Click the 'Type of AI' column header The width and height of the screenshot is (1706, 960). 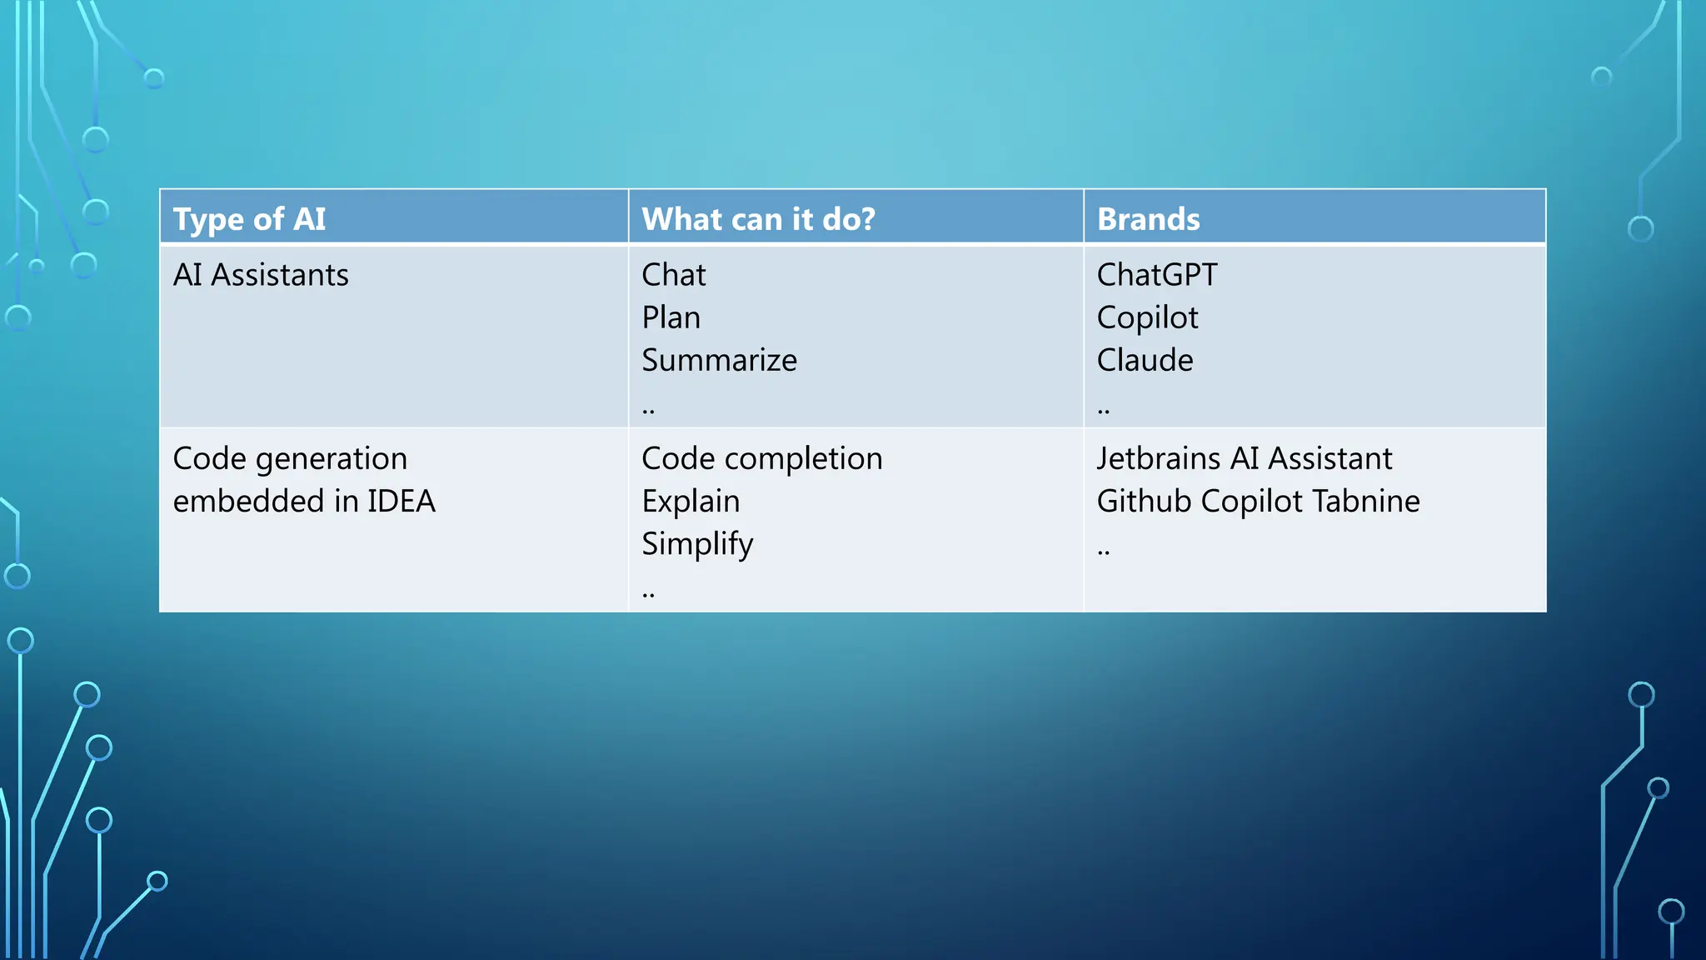[249, 219]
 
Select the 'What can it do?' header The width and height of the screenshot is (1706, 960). [758, 219]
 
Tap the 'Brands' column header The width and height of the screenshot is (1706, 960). [1148, 219]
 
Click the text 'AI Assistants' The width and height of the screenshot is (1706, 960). [261, 275]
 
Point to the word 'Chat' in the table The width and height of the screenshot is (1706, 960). [673, 275]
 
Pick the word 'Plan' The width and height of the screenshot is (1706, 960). [671, 317]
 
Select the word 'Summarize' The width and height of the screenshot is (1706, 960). [719, 360]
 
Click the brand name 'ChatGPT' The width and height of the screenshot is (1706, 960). [1156, 275]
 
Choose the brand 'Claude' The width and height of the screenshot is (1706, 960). [1145, 360]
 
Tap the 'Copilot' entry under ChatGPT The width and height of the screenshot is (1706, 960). [1147, 317]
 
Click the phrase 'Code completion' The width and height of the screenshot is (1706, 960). [761, 458]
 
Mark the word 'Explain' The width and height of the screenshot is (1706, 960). [691, 501]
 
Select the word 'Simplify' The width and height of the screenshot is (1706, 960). [697, 544]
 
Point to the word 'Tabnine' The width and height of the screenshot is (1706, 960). [1366, 501]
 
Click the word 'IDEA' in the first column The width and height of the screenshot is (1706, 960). [402, 501]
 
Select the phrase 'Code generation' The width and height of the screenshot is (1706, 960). [290, 458]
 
